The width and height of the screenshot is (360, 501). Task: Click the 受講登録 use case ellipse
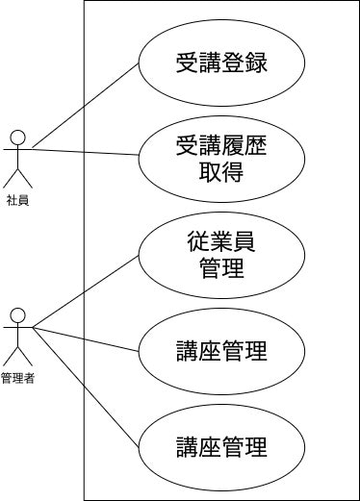pyautogui.click(x=221, y=65)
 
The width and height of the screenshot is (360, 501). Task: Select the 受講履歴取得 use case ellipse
pyautogui.click(x=221, y=160)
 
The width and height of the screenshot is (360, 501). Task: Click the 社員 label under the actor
pyautogui.click(x=17, y=200)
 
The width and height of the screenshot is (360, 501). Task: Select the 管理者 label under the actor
pyautogui.click(x=17, y=379)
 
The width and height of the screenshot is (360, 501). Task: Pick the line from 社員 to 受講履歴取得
pyautogui.click(x=87, y=151)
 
